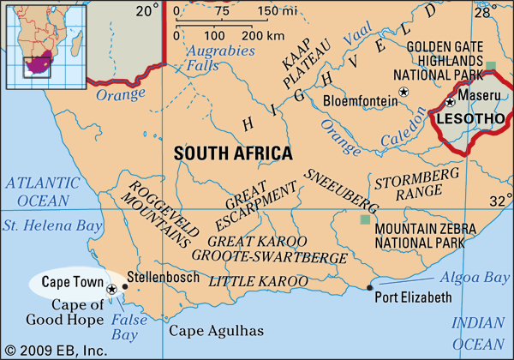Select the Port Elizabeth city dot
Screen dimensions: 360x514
click(370, 287)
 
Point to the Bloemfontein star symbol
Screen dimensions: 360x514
click(405, 92)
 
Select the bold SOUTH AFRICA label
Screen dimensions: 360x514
click(233, 153)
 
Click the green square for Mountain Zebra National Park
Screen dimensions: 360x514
click(366, 220)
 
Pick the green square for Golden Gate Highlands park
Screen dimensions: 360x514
click(491, 66)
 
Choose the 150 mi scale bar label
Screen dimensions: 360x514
click(278, 11)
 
